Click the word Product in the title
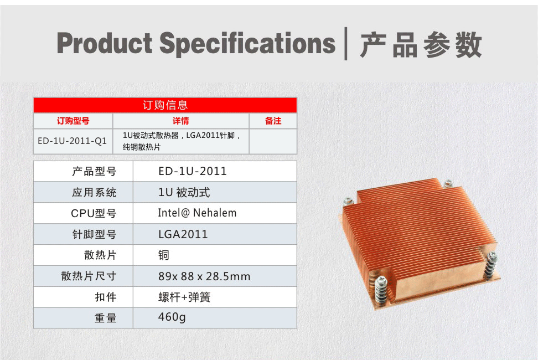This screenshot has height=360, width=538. (105, 43)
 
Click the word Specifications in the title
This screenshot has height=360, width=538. (247, 44)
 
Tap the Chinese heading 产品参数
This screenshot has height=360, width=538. (421, 45)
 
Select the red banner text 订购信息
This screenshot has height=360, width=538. (165, 105)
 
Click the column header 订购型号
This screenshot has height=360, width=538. (73, 121)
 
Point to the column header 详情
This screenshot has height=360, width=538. (181, 121)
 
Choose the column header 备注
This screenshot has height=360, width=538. (273, 121)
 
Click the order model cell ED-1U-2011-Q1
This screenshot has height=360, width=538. (73, 141)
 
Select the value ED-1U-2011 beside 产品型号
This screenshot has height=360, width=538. (193, 171)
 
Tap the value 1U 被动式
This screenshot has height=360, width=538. (184, 193)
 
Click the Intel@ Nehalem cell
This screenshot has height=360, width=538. (197, 213)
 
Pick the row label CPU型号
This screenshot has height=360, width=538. (94, 213)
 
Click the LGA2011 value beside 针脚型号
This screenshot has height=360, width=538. (183, 234)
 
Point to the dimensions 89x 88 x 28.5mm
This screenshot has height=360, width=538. (204, 276)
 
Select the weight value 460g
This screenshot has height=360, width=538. (172, 317)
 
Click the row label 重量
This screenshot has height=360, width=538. (105, 318)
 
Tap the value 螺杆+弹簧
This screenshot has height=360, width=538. (184, 297)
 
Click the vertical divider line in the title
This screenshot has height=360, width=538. (346, 44)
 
